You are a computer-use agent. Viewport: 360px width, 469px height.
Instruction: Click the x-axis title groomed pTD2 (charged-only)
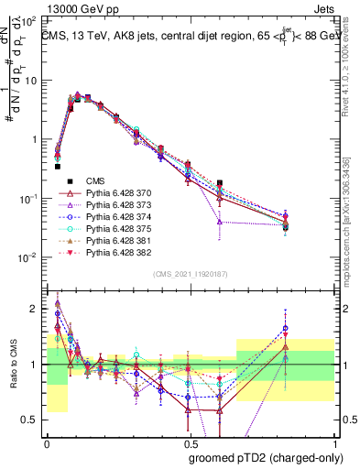coord(267,458)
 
